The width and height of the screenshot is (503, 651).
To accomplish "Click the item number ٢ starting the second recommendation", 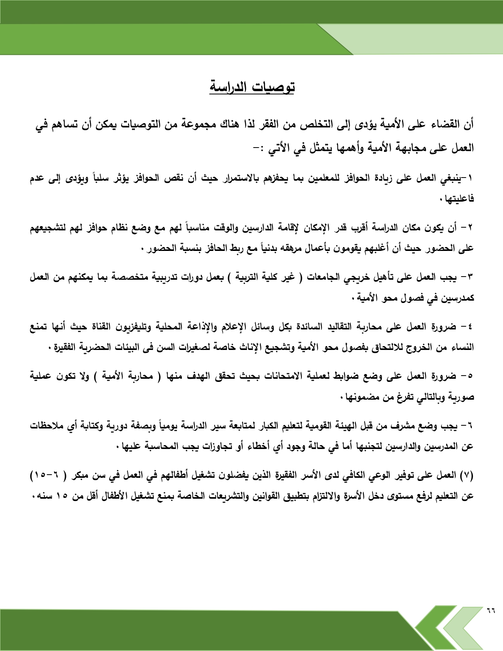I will click(x=470, y=228).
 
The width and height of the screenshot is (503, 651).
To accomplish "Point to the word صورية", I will click(x=462, y=397).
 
